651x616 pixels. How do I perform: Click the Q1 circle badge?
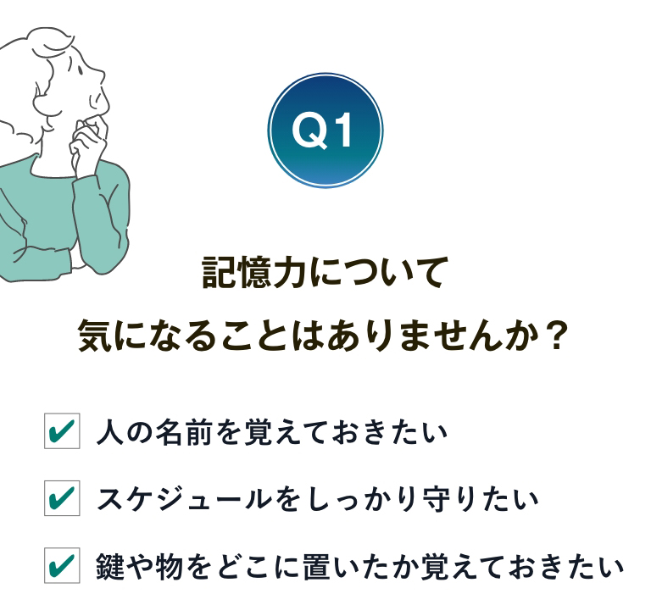tap(325, 130)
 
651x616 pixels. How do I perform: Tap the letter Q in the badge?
tap(309, 130)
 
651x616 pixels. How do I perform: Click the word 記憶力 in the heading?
tap(254, 273)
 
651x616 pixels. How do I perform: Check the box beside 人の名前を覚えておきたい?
tap(62, 431)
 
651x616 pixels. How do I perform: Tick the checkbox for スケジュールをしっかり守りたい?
tap(62, 498)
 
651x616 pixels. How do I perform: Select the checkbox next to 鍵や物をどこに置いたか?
tap(62, 565)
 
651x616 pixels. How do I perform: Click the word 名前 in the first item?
tap(184, 431)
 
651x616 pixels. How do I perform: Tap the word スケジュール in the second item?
tap(184, 498)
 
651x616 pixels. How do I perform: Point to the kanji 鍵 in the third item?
tap(110, 566)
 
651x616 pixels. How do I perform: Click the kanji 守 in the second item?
tap(437, 499)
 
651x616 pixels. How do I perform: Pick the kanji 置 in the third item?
tap(317, 566)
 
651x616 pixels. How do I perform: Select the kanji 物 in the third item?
tap(170, 566)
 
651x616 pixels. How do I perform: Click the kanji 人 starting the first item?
tap(110, 432)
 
